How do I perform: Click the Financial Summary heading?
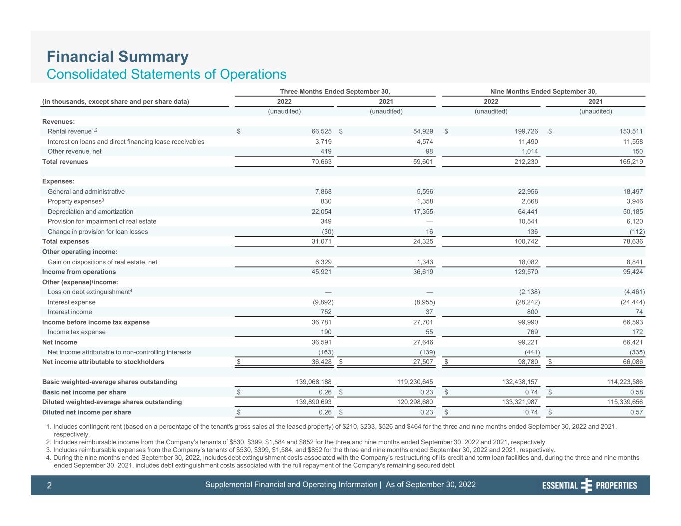pos(118,57)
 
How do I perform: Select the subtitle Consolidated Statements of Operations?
pos(167,74)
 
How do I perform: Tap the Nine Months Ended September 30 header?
pos(543,91)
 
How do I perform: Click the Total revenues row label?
pos(65,162)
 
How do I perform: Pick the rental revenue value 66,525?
pos(321,131)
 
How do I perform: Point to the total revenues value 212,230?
pos(526,162)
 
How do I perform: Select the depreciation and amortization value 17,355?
pos(423,212)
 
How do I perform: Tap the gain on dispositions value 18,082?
pos(528,262)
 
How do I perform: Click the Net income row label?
pos(59,342)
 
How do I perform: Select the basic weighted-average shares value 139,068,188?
pos(313,382)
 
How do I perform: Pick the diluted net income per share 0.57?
pos(636,412)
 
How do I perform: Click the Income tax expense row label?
pos(76,332)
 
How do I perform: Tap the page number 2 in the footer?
pos(49,485)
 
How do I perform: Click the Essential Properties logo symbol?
pos(586,485)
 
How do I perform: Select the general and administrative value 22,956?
pos(528,191)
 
